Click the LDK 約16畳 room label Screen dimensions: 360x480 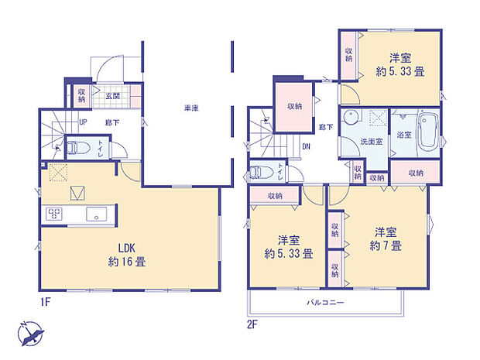tap(127, 255)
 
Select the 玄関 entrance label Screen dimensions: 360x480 tap(112, 96)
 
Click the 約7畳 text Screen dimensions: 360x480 tap(386, 245)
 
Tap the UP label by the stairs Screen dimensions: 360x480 tap(81, 122)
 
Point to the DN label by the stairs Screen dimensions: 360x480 tap(307, 146)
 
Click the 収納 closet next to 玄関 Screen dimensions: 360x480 tap(81, 95)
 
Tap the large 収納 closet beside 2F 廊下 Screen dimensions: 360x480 tap(294, 107)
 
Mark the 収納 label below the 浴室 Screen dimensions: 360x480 tap(416, 173)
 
